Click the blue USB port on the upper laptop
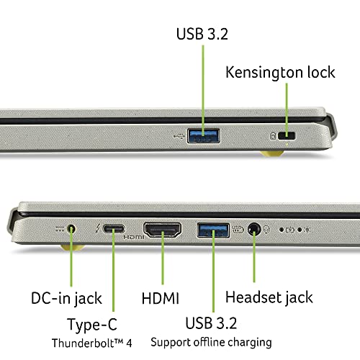coord(204,135)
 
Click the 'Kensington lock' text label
coord(280,73)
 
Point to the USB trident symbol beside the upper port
coord(179,135)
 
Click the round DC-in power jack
coord(71,230)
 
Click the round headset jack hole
coord(253,230)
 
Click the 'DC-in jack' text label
coord(66,297)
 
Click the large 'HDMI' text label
coord(159,297)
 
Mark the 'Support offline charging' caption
coord(210,341)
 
